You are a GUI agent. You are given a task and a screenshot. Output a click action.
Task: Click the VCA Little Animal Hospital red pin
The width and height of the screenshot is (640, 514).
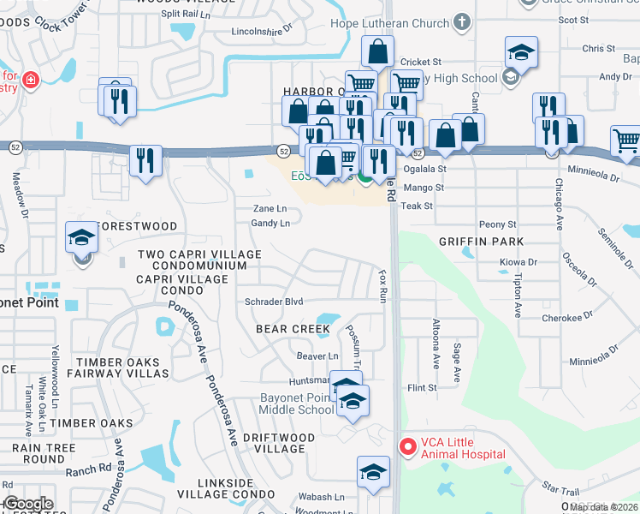point(407,446)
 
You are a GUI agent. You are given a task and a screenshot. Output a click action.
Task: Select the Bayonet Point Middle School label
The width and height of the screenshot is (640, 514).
point(297,403)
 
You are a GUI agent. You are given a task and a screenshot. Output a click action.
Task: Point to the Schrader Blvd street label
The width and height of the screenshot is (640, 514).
point(274,302)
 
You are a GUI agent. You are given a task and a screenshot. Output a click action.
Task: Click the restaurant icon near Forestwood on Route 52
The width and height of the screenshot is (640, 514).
point(146,160)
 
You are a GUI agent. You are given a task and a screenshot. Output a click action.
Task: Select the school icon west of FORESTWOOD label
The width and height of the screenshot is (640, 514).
point(81,237)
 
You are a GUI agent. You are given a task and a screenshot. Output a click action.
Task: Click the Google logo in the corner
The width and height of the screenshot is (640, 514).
point(28,504)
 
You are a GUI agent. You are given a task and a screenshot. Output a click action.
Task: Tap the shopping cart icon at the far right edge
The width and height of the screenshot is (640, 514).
point(626,141)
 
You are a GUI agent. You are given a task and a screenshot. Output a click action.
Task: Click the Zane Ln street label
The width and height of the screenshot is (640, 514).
point(269,209)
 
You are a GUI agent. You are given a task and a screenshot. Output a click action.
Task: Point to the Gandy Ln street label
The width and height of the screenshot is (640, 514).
point(270,224)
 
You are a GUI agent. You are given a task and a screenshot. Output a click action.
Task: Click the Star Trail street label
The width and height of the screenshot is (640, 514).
point(561,488)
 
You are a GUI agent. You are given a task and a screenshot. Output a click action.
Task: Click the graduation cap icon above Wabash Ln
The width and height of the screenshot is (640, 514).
point(373,472)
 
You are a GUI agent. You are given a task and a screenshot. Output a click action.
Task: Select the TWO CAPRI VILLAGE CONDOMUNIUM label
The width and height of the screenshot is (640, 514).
point(199,260)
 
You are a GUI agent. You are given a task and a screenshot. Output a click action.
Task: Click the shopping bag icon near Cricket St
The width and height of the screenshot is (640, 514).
point(377,52)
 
